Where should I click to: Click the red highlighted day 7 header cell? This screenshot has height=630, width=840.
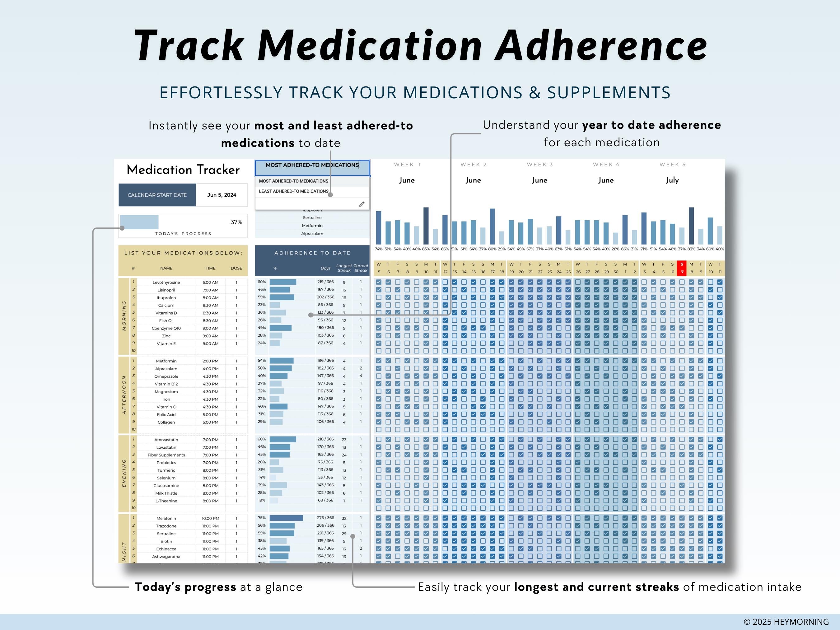coord(682,268)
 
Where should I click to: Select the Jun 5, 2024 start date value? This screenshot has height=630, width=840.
coord(222,195)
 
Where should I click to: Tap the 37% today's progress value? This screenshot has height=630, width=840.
coord(236,222)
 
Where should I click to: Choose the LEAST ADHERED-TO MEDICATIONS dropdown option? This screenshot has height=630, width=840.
coord(294,191)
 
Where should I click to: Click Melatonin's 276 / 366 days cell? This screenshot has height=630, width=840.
coord(325,518)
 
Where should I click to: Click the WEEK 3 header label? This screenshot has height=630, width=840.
coord(539,165)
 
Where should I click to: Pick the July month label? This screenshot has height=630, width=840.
coord(672,180)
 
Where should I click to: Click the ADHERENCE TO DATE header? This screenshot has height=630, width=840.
coord(312,253)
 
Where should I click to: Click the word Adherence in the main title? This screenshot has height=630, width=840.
coord(601,45)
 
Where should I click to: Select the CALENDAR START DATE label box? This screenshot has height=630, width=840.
coord(157,195)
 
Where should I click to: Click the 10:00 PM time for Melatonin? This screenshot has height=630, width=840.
coord(210,518)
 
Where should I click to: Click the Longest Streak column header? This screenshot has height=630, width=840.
coord(344,268)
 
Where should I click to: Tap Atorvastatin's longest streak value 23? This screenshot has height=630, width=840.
coord(344,440)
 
